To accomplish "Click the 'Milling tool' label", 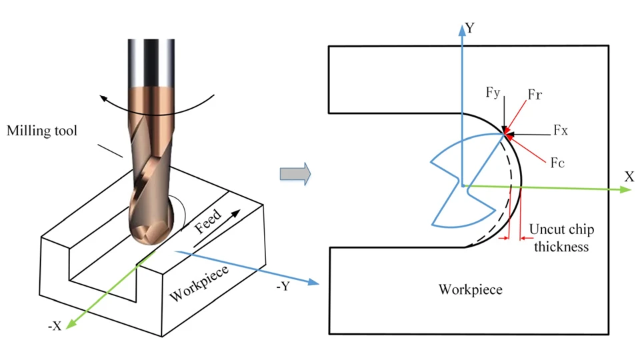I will coord(41,131).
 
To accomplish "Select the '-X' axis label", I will coord(55,326).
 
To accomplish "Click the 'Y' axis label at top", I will coord(471,27).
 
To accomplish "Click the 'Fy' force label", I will coord(493,93).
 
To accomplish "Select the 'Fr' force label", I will coord(535,95).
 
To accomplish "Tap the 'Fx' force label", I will coord(561,131).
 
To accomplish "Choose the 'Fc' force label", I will coord(557,163).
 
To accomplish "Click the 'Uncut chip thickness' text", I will coord(559,238).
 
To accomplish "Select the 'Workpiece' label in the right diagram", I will coord(470,289).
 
